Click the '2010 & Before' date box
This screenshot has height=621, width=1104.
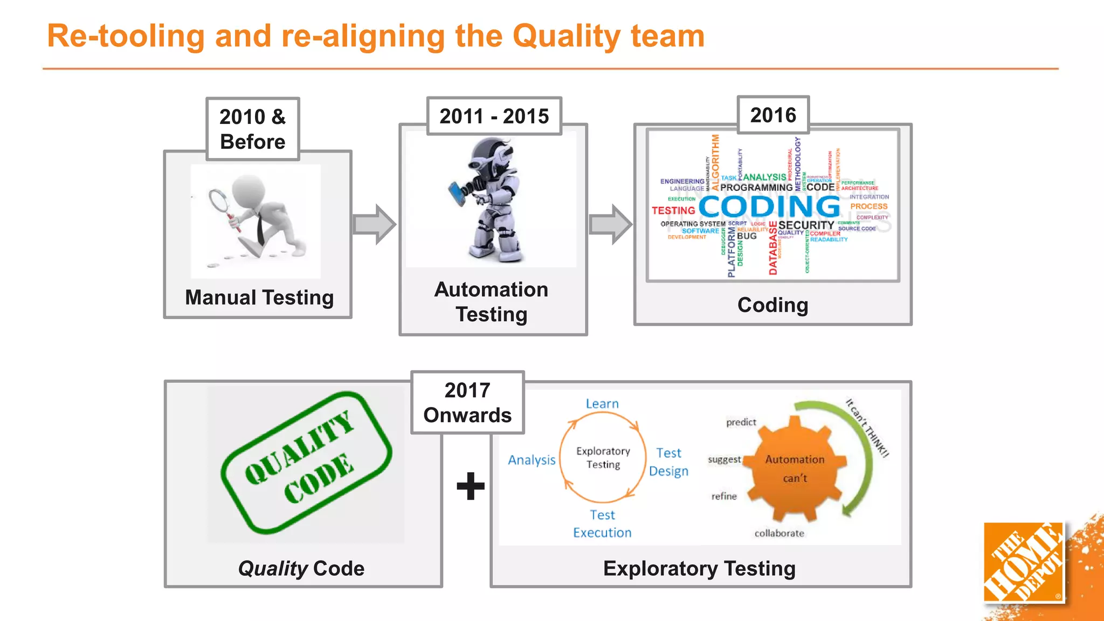coord(252,129)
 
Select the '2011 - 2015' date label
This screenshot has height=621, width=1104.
coord(494,116)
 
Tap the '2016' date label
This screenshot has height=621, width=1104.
coord(773,115)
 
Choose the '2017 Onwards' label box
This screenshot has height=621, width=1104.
coord(467,403)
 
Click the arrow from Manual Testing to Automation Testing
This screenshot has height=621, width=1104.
coord(374,224)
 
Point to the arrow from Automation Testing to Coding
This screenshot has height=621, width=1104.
coord(611,224)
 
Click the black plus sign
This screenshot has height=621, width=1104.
coord(471,486)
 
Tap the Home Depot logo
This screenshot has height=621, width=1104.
coord(1023,562)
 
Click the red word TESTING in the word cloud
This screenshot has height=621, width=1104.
coord(673,211)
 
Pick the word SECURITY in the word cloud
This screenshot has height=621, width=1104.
coord(806,225)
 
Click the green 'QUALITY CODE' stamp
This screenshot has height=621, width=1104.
coord(306,463)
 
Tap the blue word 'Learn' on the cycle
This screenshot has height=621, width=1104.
coord(602,404)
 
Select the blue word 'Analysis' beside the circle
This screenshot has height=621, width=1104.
coord(532,460)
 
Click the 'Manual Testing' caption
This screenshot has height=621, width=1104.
coord(259,298)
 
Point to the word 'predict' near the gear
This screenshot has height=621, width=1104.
coord(741,422)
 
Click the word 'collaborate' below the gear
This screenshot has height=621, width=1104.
coord(779,533)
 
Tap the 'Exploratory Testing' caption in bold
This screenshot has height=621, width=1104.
coord(699,569)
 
